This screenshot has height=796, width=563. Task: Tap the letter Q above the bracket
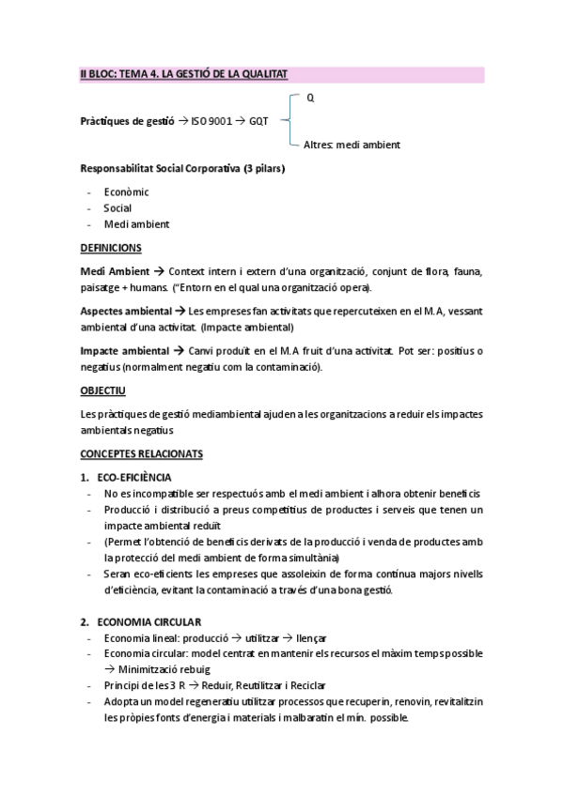310,97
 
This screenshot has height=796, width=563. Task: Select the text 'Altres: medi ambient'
352,145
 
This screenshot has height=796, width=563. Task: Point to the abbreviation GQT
258,121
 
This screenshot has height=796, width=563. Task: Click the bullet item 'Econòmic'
127,191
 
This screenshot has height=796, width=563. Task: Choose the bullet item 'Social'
117,207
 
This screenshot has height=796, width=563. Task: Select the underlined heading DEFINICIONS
111,248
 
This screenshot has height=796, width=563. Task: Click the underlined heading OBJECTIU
103,389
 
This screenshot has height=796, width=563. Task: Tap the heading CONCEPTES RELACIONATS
141,453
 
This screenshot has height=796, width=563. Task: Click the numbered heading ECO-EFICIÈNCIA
140,478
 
